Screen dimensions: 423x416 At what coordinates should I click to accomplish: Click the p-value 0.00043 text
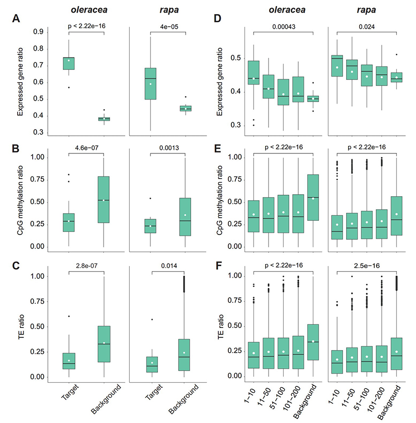tap(283, 27)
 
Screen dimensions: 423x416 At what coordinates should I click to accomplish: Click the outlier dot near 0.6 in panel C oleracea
tap(68, 316)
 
